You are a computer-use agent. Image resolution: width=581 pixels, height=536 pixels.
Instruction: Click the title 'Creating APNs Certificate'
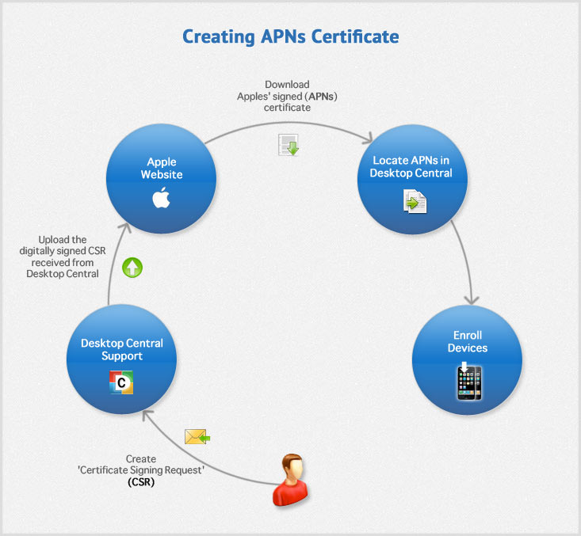290,36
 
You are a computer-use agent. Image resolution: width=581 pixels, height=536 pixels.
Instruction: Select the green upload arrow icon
132,268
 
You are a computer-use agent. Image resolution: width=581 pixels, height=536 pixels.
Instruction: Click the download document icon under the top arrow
288,145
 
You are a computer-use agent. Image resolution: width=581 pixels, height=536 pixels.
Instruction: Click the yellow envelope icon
196,436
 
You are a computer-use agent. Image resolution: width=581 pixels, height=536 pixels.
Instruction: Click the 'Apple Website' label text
162,169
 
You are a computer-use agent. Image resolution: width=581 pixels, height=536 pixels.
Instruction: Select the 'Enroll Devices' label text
467,342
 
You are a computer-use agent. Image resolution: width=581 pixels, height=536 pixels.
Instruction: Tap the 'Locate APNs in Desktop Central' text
412,167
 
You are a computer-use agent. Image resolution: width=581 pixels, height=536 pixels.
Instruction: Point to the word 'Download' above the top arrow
287,85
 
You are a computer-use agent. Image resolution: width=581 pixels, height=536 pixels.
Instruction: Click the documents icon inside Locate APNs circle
414,202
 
